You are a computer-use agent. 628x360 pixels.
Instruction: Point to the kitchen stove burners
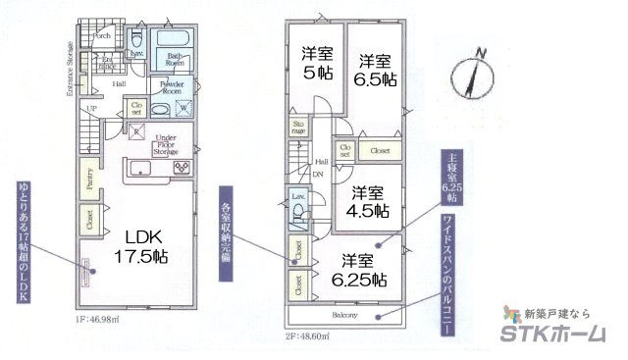point(182,168)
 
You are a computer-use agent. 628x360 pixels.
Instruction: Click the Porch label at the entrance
point(101,36)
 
